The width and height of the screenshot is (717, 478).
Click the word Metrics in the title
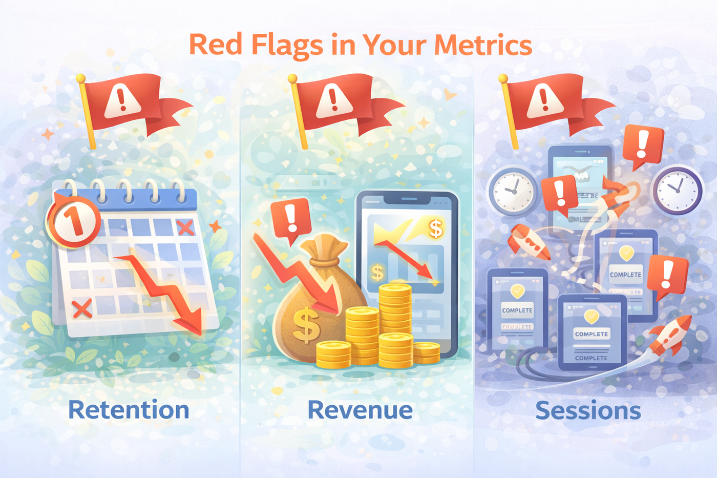[483, 45]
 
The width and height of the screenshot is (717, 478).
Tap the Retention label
[129, 410]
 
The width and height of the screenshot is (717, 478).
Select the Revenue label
[360, 410]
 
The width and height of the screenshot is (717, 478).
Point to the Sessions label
[588, 410]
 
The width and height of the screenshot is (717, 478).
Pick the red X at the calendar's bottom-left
[81, 308]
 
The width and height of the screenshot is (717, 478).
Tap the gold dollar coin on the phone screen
[436, 228]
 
